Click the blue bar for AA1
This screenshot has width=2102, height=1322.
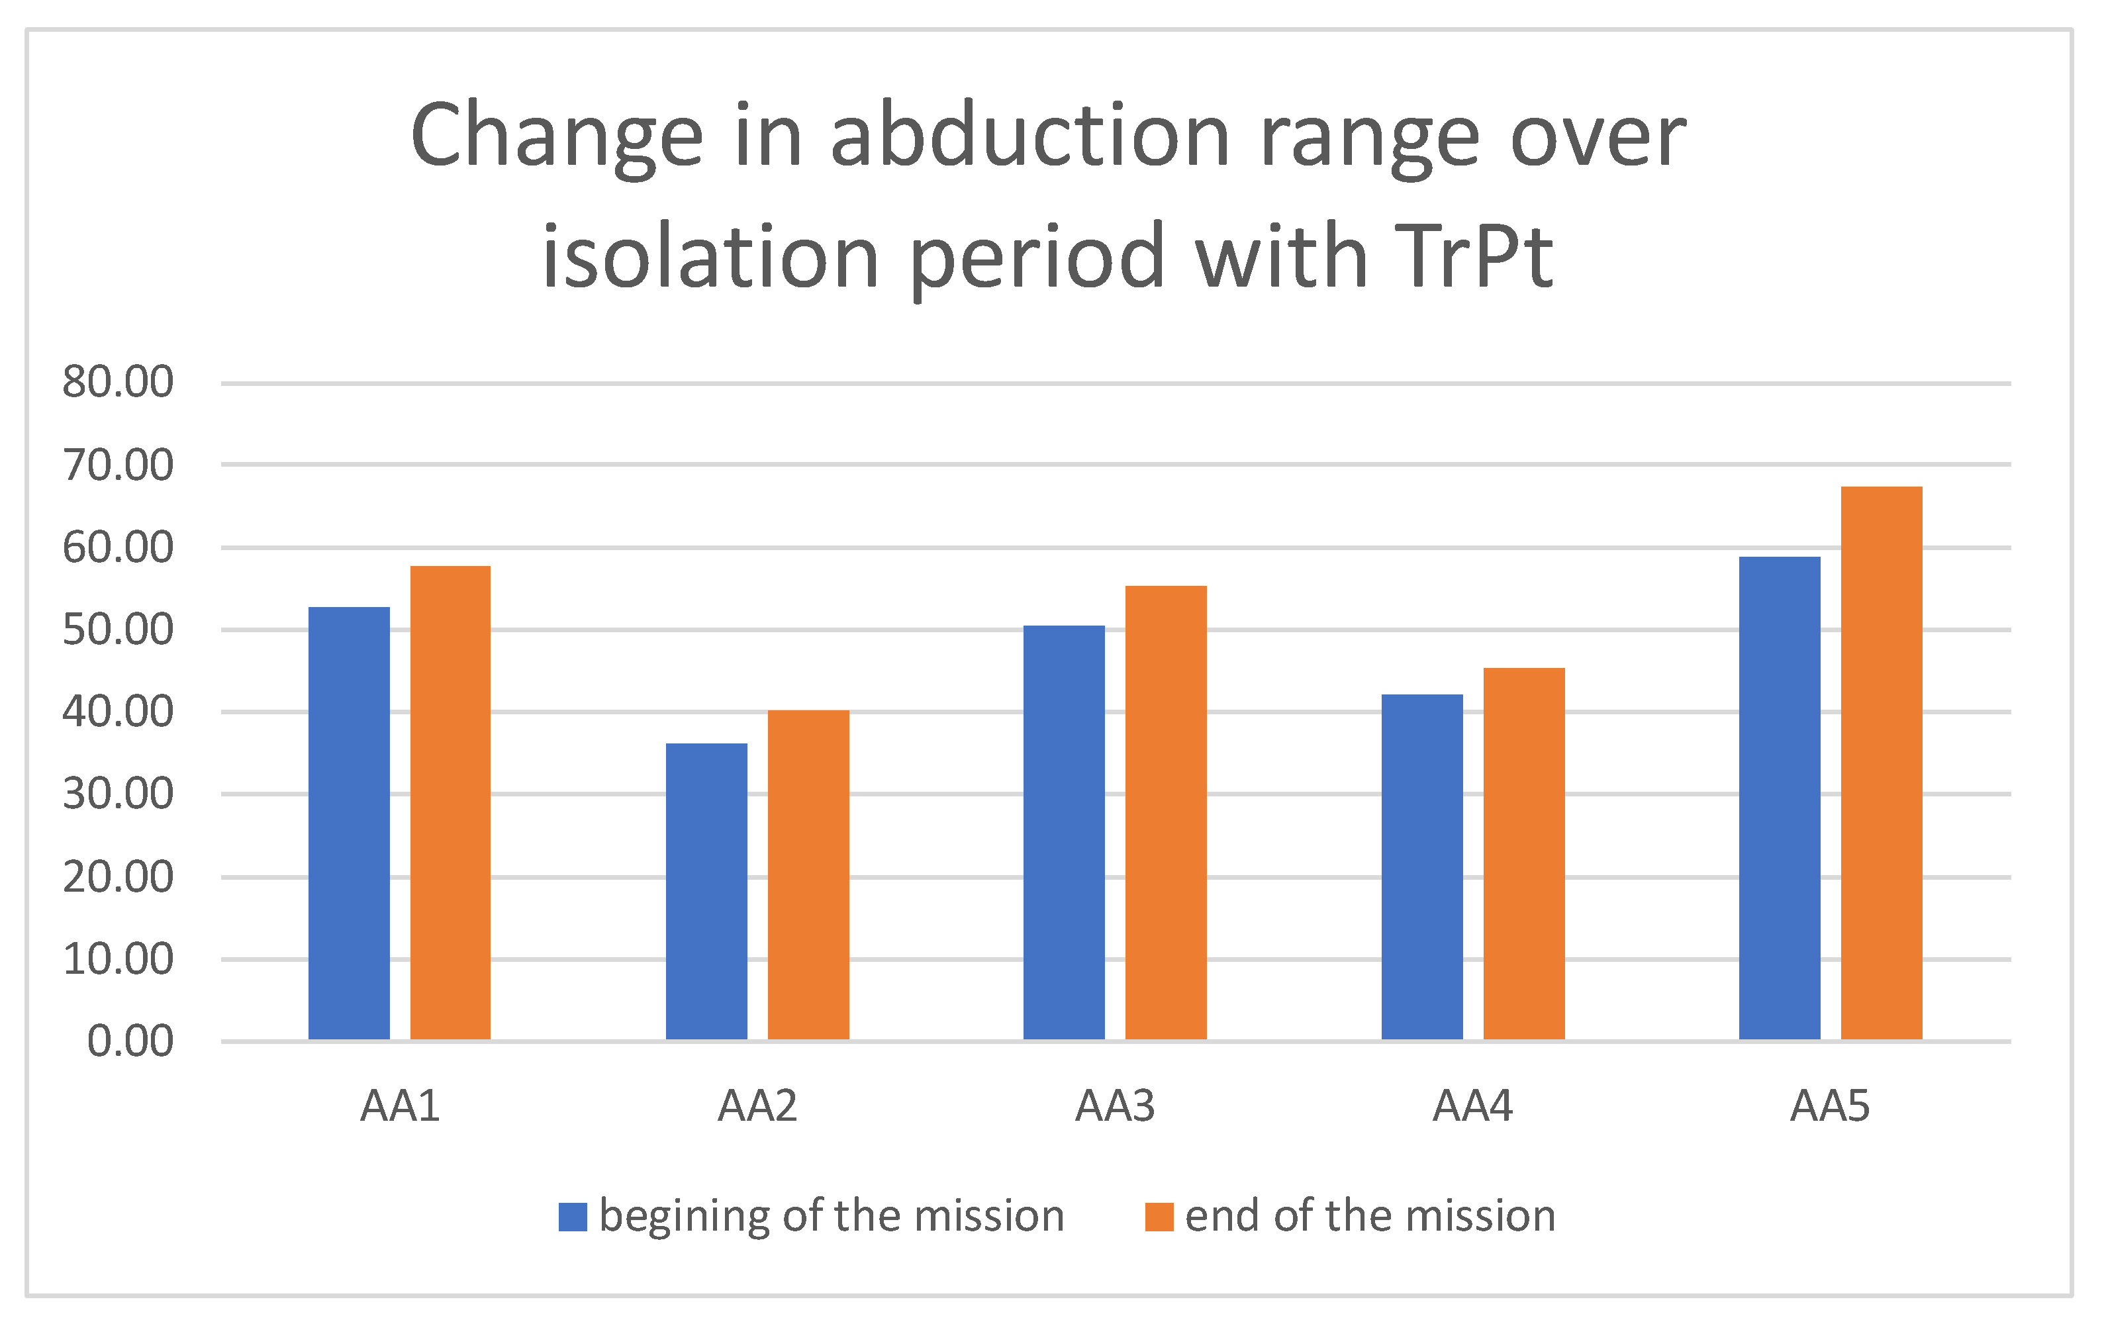pos(349,823)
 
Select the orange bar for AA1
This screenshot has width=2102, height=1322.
pos(450,803)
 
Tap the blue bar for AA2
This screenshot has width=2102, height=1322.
pos(706,891)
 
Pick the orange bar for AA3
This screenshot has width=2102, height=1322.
pos(1165,812)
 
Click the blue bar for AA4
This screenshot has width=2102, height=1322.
pos(1422,867)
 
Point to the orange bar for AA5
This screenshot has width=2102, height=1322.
pos(1881,763)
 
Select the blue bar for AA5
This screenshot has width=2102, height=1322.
pos(1779,798)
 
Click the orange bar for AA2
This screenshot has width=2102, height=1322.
pos(808,874)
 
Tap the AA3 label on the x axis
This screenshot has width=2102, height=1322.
pos(1115,1106)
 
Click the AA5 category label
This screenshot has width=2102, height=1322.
pos(1830,1106)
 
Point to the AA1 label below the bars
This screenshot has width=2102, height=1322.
pos(400,1106)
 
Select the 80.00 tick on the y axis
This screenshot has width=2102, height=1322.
pos(118,381)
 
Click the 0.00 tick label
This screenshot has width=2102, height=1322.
pos(130,1041)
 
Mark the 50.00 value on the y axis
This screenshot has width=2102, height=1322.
pos(118,629)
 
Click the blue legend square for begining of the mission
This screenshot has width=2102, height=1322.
pos(573,1217)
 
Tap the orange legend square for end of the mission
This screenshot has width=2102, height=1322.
pos(1159,1217)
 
